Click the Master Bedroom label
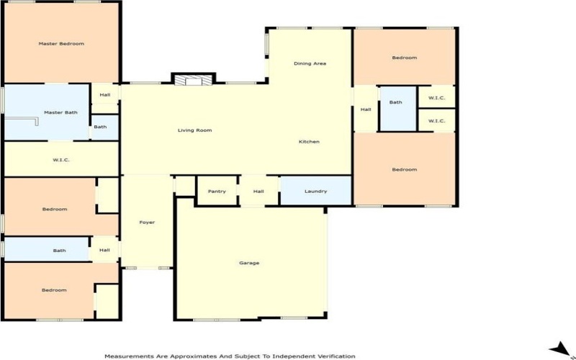(x=61, y=44)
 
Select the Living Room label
(x=194, y=130)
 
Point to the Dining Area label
(x=310, y=64)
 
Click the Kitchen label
(x=309, y=142)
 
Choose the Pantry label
(x=217, y=192)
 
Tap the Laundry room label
(x=315, y=192)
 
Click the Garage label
(x=249, y=263)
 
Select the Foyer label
(x=147, y=222)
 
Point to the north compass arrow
(x=558, y=348)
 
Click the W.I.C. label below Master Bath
(x=60, y=159)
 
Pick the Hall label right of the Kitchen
(x=366, y=109)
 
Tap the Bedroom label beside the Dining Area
(x=404, y=58)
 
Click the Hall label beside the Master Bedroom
(x=105, y=94)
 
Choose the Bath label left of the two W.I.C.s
(x=396, y=103)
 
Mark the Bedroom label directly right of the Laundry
(x=404, y=170)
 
